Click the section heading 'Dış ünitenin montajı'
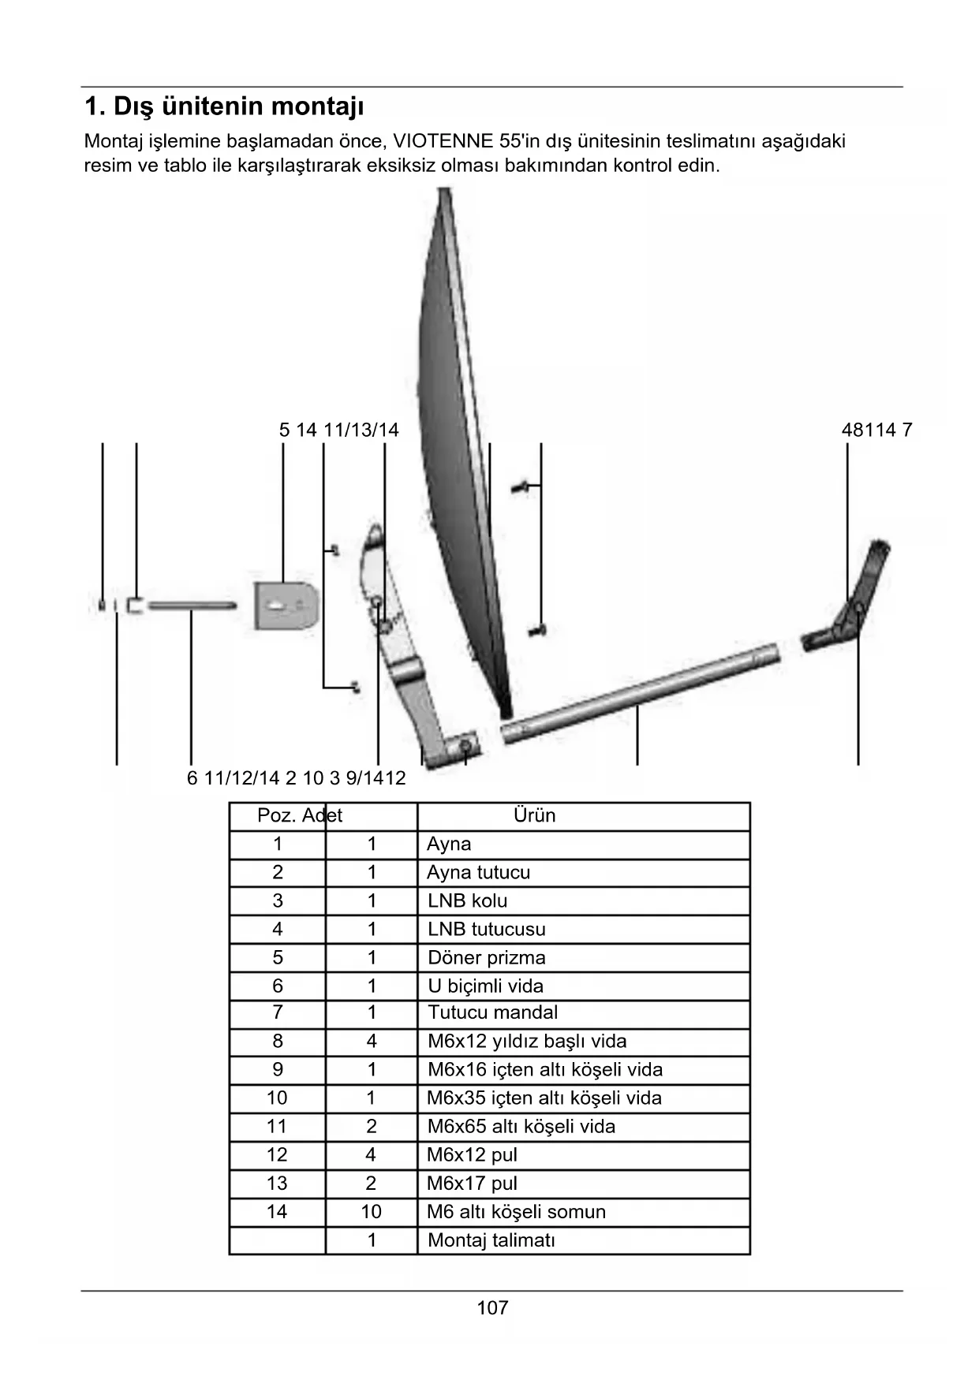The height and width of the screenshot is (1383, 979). pyautogui.click(x=224, y=106)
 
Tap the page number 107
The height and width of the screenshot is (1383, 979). pyautogui.click(x=492, y=1308)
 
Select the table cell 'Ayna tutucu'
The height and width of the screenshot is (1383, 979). pyautogui.click(x=478, y=872)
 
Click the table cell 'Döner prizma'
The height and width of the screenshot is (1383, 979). pyautogui.click(x=486, y=957)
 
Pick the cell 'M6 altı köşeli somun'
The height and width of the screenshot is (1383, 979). pyautogui.click(x=516, y=1212)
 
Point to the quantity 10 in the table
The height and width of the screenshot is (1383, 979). pyautogui.click(x=371, y=1212)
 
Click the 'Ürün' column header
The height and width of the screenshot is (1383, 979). pyautogui.click(x=534, y=815)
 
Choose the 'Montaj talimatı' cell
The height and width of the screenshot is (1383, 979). pyautogui.click(x=491, y=1240)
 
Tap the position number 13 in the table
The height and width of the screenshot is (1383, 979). pyautogui.click(x=277, y=1184)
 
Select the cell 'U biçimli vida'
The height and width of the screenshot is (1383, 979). pyautogui.click(x=485, y=986)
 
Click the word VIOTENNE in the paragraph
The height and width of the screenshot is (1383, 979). pyautogui.click(x=443, y=142)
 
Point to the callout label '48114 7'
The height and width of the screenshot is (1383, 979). pyautogui.click(x=876, y=430)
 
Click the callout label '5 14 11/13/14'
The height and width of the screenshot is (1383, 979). pyautogui.click(x=338, y=430)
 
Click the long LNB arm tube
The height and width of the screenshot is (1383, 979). pyautogui.click(x=639, y=694)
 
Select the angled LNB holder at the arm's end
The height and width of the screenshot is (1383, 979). pyautogui.click(x=852, y=599)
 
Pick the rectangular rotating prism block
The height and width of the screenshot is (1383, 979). pyautogui.click(x=284, y=606)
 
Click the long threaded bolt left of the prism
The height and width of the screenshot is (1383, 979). pyautogui.click(x=192, y=606)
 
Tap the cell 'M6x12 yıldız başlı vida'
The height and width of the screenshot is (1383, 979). pyautogui.click(x=526, y=1042)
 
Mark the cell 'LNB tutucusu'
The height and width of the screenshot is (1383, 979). pyautogui.click(x=486, y=929)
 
